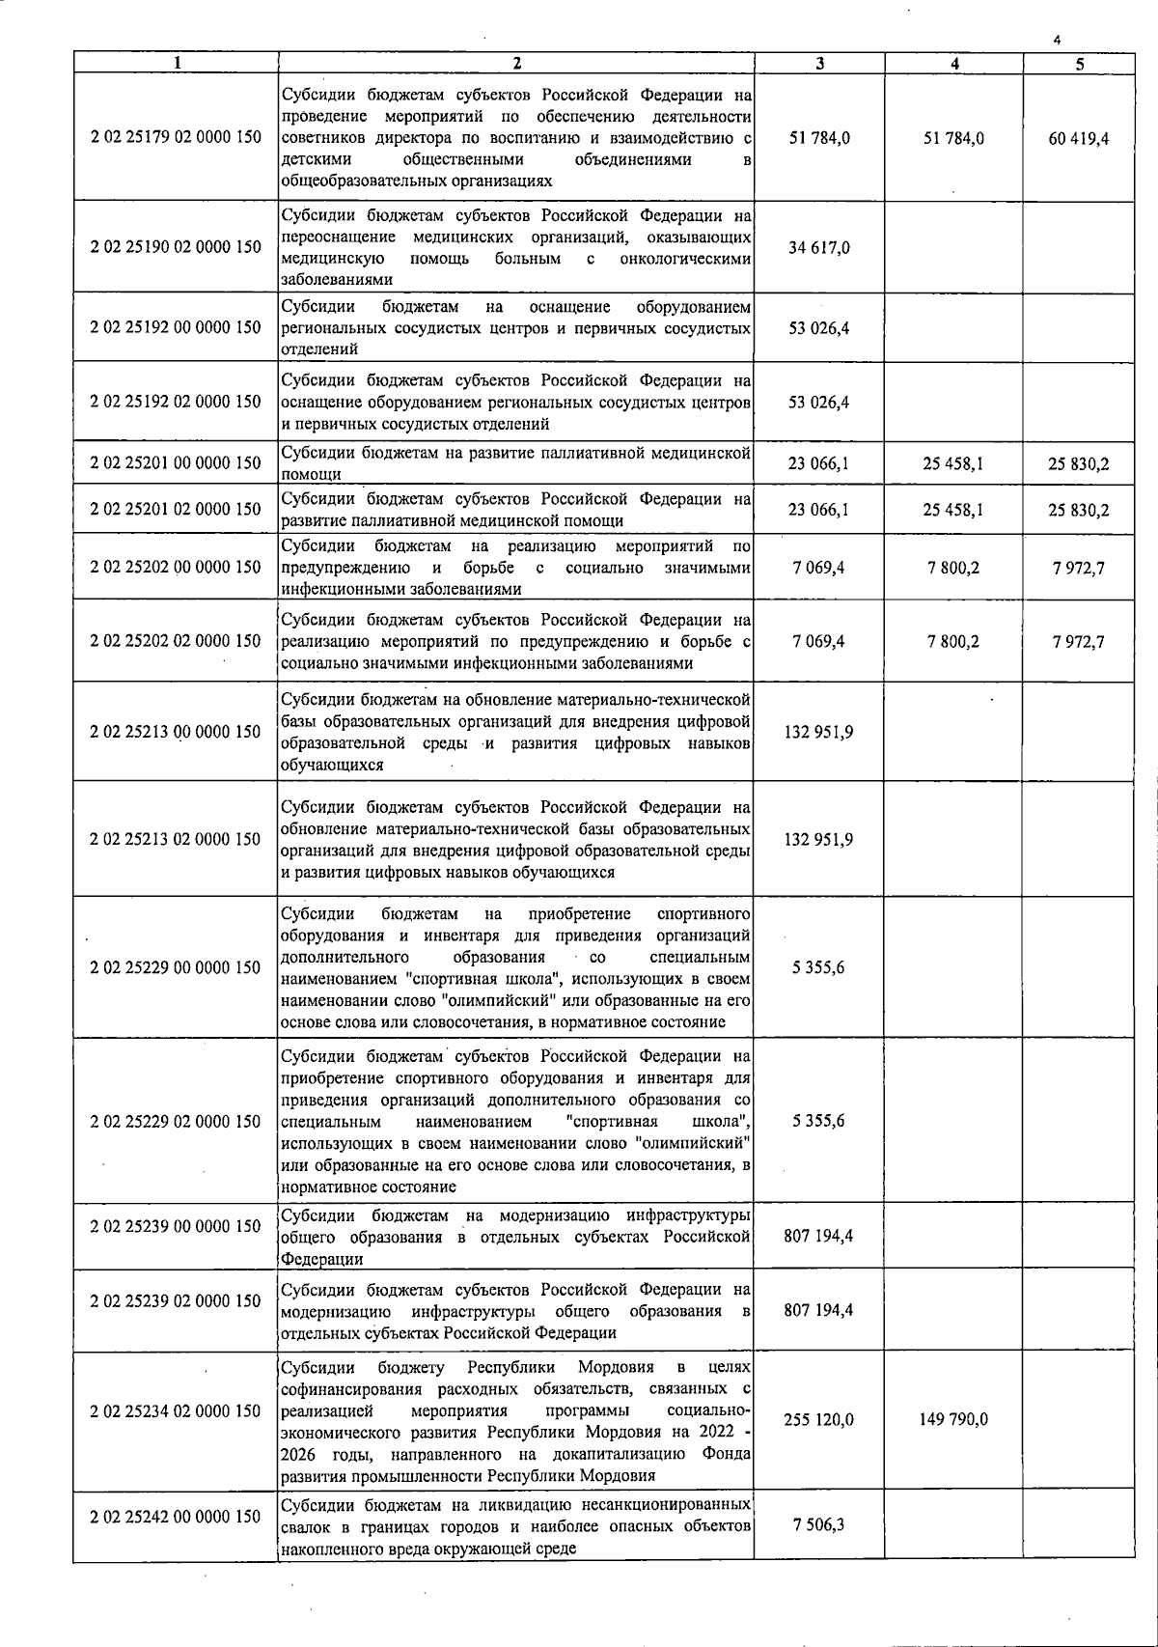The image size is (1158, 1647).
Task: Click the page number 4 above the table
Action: (x=1058, y=40)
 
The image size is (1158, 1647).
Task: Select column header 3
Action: (x=819, y=64)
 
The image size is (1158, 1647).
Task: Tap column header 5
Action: (x=1079, y=64)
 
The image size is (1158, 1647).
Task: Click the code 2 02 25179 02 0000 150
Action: (x=176, y=137)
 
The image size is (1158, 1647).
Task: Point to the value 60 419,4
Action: (x=1079, y=139)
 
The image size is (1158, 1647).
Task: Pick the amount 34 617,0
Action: (x=819, y=248)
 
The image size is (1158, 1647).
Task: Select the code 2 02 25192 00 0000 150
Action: (x=176, y=327)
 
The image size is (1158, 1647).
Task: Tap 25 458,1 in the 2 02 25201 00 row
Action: (x=953, y=464)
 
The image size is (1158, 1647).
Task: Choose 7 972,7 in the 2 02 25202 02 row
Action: (x=1079, y=641)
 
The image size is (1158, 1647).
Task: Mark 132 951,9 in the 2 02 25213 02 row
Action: (x=819, y=840)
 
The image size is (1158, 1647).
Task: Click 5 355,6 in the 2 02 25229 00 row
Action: (x=819, y=967)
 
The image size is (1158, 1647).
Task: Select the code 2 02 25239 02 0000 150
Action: (x=176, y=1300)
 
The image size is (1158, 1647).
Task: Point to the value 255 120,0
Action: (x=819, y=1420)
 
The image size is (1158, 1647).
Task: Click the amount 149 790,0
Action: (x=953, y=1420)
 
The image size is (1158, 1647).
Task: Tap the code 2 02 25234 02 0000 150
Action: (x=176, y=1411)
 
